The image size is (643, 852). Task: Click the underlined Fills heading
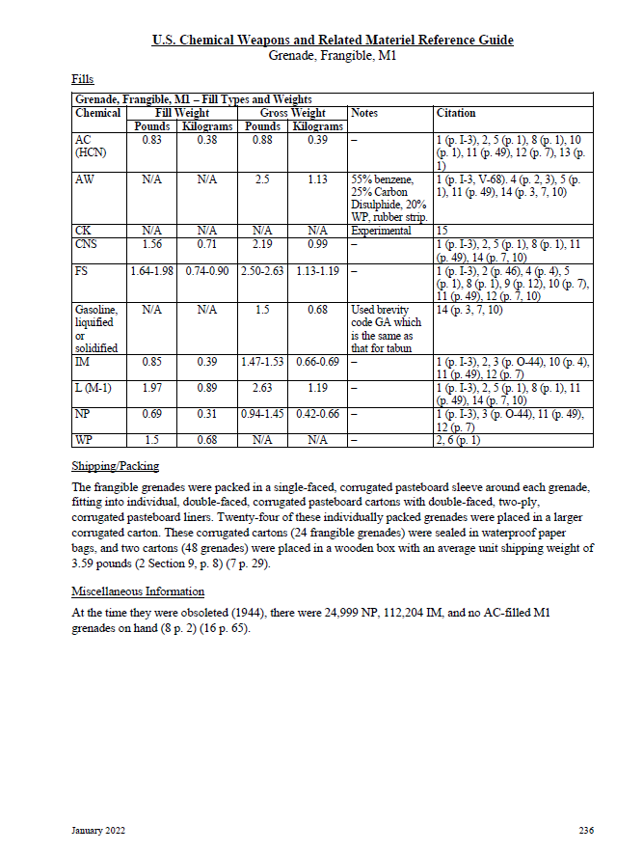pyautogui.click(x=83, y=78)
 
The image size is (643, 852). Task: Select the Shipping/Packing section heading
pyautogui.click(x=116, y=467)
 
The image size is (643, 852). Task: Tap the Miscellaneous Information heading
pyautogui.click(x=138, y=591)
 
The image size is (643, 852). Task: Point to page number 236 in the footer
pyautogui.click(x=586, y=830)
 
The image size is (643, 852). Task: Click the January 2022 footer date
pyautogui.click(x=98, y=830)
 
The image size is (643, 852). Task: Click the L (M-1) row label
pyautogui.click(x=93, y=386)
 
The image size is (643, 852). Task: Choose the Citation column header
pyautogui.click(x=456, y=113)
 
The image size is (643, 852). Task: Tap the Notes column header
pyautogui.click(x=364, y=113)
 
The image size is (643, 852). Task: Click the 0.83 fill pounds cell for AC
pyautogui.click(x=150, y=139)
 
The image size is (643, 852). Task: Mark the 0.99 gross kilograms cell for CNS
pyautogui.click(x=317, y=245)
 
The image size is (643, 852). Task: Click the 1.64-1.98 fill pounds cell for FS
pyautogui.click(x=151, y=272)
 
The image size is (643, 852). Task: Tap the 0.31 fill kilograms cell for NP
pyautogui.click(x=206, y=413)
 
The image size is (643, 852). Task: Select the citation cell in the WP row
pyautogui.click(x=458, y=440)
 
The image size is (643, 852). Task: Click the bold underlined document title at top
pyautogui.click(x=333, y=40)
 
